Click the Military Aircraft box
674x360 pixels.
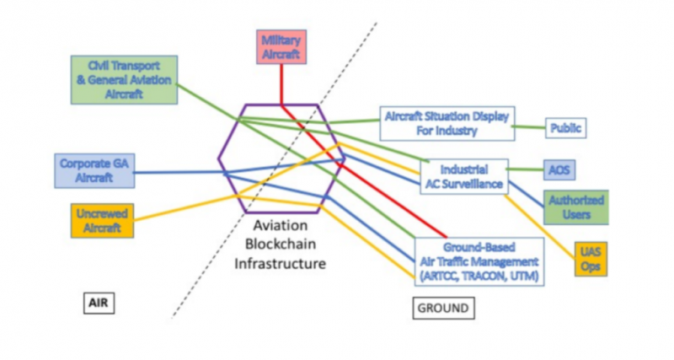(x=281, y=47)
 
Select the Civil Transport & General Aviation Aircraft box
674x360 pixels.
(x=125, y=79)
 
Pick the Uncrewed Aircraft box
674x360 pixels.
(x=102, y=220)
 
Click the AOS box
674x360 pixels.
(x=558, y=169)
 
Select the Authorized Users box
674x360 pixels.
(x=576, y=207)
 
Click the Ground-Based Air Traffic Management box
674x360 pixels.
(x=479, y=261)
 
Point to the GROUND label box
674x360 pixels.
(x=443, y=309)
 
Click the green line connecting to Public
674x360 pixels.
(x=529, y=127)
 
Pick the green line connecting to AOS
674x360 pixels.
(x=526, y=169)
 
